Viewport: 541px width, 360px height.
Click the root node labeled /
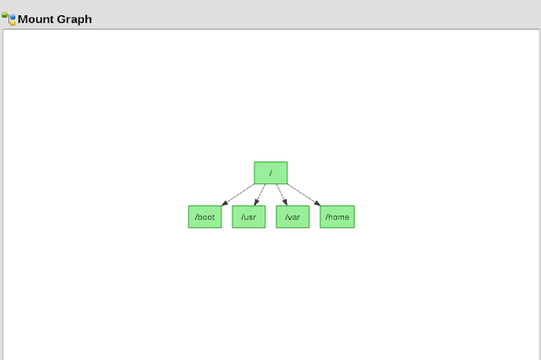click(x=270, y=172)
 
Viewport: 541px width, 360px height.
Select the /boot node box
click(x=205, y=217)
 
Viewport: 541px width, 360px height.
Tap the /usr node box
click(x=249, y=217)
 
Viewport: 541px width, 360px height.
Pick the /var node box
click(x=292, y=217)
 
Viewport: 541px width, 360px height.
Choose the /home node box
click(x=336, y=217)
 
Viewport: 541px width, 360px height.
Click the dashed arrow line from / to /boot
click(x=239, y=194)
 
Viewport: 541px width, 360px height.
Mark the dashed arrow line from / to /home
click(x=302, y=194)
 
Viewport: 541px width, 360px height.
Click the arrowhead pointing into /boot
click(x=223, y=203)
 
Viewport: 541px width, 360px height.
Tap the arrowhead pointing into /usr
click(x=257, y=203)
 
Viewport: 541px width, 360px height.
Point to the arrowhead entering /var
click(x=285, y=203)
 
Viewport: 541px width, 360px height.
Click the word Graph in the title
click(x=74, y=19)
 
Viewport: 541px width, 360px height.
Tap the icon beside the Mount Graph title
click(x=8, y=19)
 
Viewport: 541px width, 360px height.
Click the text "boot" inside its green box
click(x=206, y=217)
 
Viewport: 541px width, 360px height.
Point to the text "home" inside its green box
click(x=338, y=217)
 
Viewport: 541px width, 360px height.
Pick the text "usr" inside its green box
click(x=249, y=217)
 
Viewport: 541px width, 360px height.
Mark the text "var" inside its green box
click(x=293, y=217)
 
